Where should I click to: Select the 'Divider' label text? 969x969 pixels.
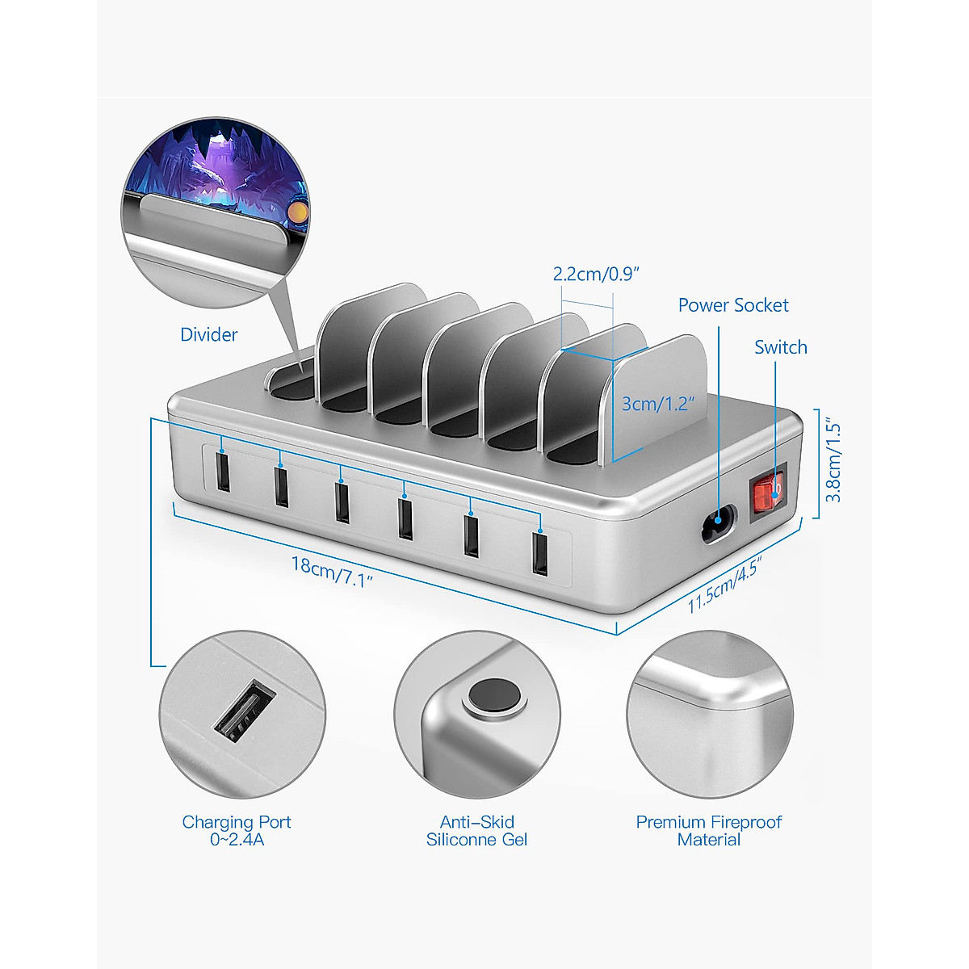click(x=208, y=334)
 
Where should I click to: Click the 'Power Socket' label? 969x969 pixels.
click(x=732, y=305)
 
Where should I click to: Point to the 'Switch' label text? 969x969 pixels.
click(x=780, y=347)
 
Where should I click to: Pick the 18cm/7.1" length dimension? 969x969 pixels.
click(x=332, y=571)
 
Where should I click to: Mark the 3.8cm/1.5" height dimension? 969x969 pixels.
click(x=833, y=462)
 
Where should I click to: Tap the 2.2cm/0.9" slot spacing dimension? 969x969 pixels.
click(x=595, y=274)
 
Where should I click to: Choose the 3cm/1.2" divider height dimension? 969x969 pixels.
click(x=657, y=403)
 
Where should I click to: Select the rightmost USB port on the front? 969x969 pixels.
click(x=539, y=554)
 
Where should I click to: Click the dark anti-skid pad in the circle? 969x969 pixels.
click(x=493, y=696)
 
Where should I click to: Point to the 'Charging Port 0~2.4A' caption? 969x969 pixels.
click(x=237, y=831)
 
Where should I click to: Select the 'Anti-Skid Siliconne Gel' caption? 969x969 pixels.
click(x=476, y=831)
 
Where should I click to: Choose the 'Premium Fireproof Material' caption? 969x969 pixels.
click(x=708, y=831)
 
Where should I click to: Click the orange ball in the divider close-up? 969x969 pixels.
click(x=298, y=212)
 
